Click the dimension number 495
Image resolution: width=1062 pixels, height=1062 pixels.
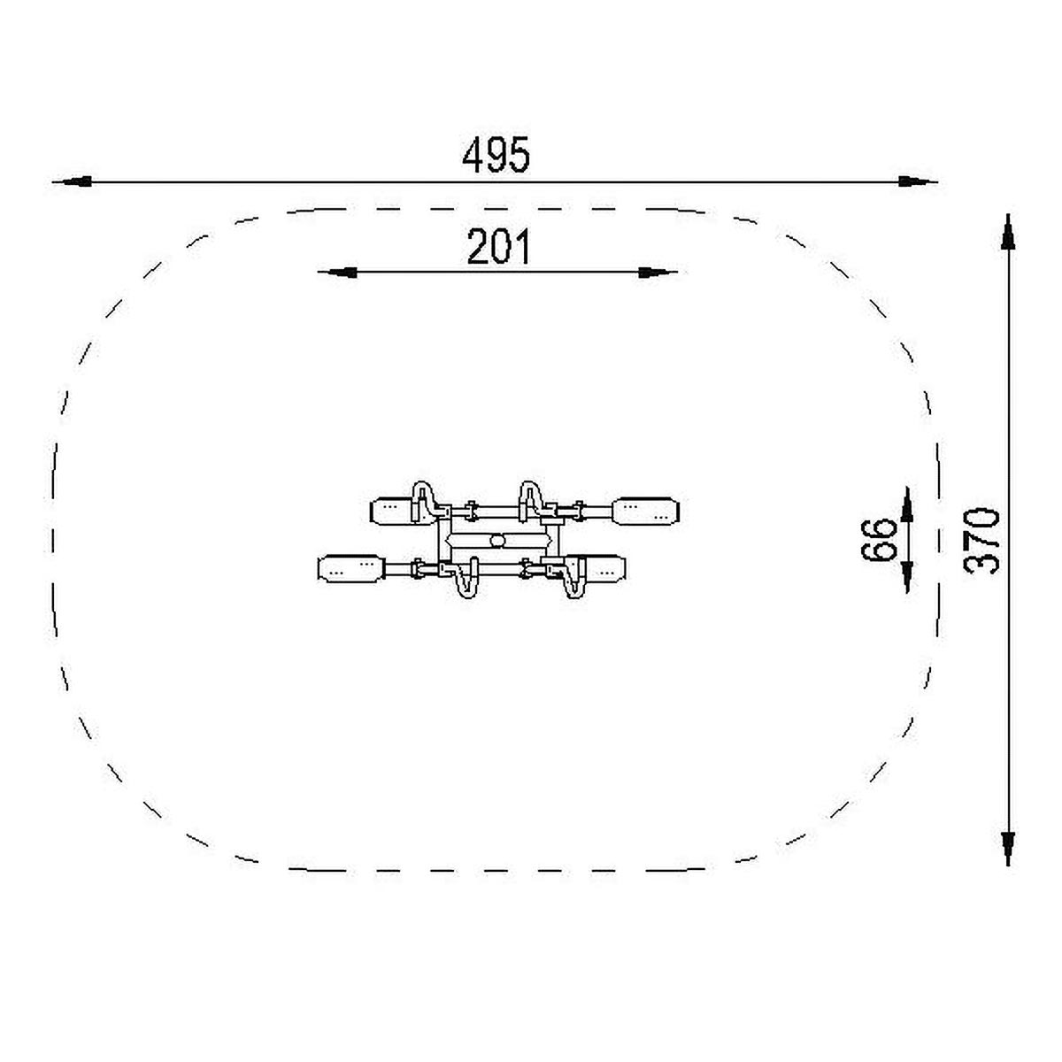point(496,155)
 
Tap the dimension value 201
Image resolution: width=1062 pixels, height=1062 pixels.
point(498,247)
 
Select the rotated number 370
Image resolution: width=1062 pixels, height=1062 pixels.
point(981,541)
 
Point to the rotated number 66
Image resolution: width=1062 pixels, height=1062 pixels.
point(879,541)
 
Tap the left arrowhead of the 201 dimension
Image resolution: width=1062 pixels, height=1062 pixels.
point(337,273)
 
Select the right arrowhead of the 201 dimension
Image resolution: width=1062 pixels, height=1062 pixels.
point(658,273)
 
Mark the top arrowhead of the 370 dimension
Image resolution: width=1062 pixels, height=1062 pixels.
point(1008,233)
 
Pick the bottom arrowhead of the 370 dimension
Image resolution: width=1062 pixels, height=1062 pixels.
point(1008,848)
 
